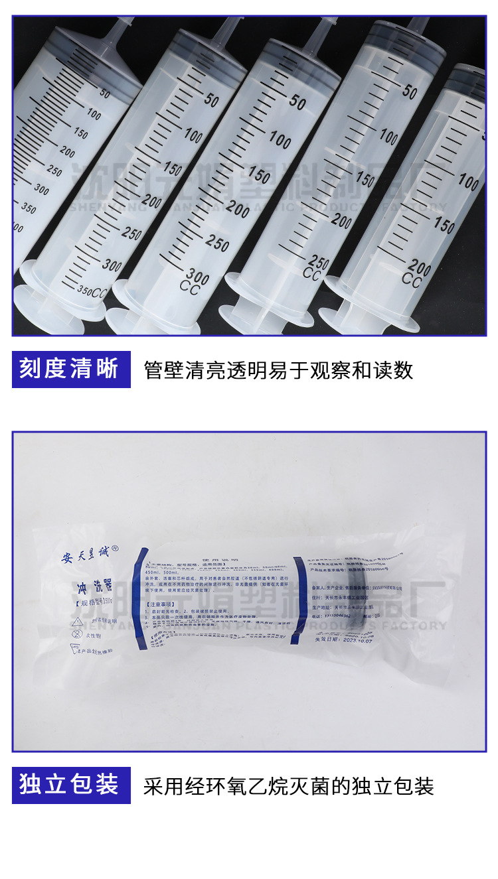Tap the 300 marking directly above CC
coord(198,274)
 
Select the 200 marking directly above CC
coord(420,269)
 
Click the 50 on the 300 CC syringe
coord(297,101)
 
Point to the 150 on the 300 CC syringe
coord(259,174)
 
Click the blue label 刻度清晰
coord(69,369)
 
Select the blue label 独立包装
coord(69,785)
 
